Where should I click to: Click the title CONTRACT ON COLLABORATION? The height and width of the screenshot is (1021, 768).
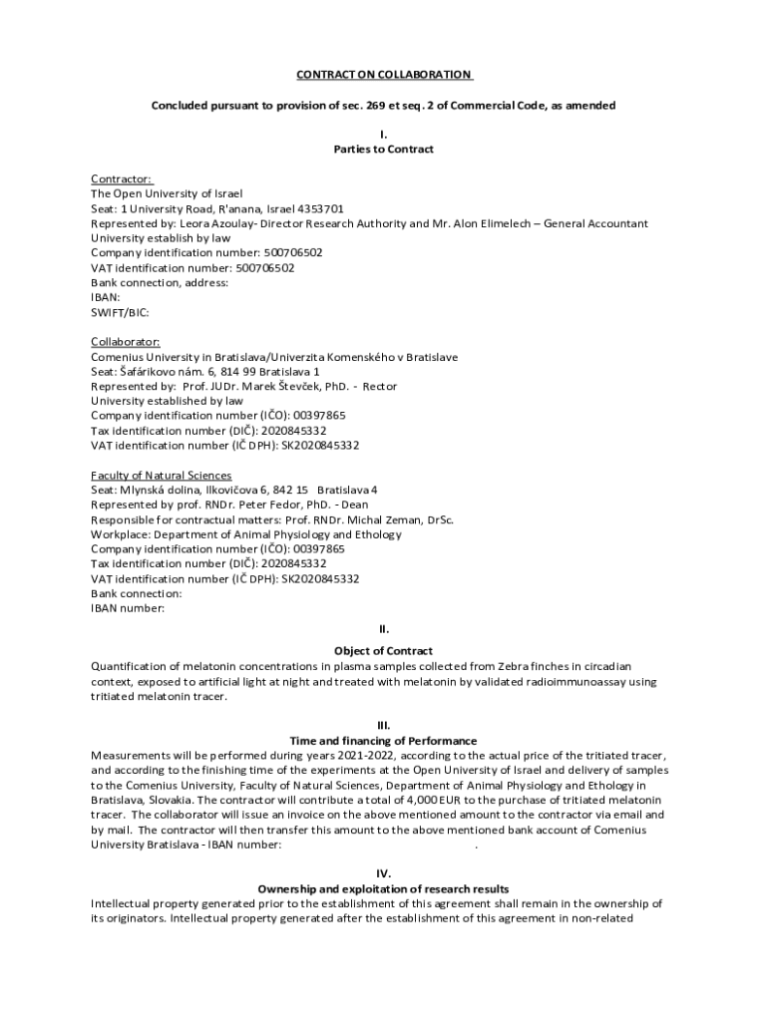pyautogui.click(x=383, y=75)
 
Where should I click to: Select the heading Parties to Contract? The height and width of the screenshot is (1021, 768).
pyautogui.click(x=383, y=150)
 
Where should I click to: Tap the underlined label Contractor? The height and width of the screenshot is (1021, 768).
pyautogui.click(x=122, y=178)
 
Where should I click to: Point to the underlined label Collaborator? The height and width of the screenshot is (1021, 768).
pyautogui.click(x=126, y=342)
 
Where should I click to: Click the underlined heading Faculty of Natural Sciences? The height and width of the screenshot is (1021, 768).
pyautogui.click(x=162, y=475)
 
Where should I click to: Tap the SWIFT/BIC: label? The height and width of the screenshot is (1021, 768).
pyautogui.click(x=120, y=312)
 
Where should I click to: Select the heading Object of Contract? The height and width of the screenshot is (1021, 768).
pyautogui.click(x=383, y=651)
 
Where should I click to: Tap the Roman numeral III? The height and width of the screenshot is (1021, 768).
pyautogui.click(x=383, y=725)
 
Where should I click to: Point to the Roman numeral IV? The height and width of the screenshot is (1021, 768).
pyautogui.click(x=383, y=872)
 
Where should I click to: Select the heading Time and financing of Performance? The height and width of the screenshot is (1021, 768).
pyautogui.click(x=383, y=741)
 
